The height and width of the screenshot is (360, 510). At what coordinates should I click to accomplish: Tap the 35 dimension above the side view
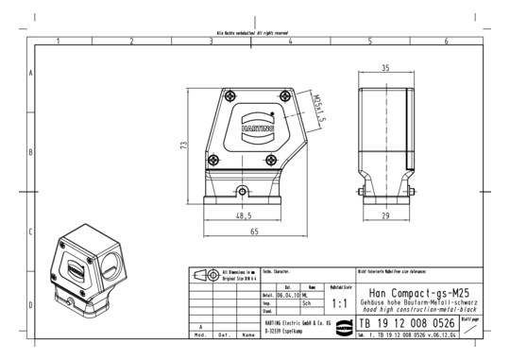pos(385,69)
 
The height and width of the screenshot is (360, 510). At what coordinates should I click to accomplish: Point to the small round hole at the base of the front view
pos(243,193)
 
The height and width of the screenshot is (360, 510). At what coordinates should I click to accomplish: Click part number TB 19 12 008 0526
pos(407,323)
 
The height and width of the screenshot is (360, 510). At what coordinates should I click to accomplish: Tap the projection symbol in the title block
pos(202,275)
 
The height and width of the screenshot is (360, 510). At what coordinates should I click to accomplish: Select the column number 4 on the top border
pos(291,42)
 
